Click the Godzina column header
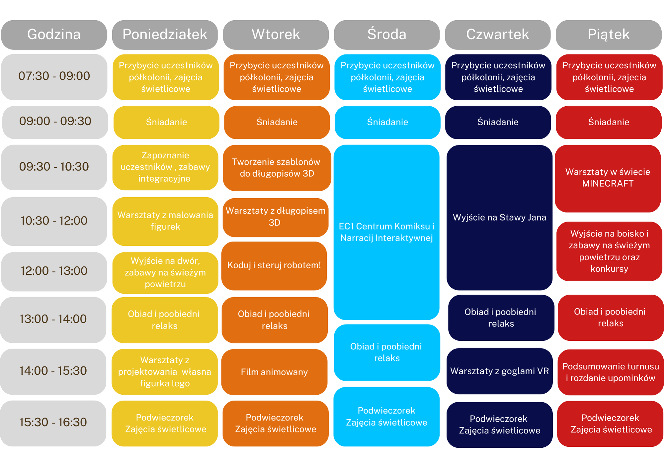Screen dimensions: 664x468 54,35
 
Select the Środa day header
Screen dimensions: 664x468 387,35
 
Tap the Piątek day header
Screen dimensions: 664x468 609,35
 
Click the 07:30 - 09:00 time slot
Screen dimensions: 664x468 54,77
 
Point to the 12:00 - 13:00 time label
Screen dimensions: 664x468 54,271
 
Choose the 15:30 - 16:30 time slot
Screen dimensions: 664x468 53,423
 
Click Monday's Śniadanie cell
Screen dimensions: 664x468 166,122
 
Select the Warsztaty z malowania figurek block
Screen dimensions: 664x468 165,221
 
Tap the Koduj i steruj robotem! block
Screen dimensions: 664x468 274,266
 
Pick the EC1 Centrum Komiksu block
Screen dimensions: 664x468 386,232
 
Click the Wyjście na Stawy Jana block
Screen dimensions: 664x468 499,218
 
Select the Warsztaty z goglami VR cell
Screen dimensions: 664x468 499,371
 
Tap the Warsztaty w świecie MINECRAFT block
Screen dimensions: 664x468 608,178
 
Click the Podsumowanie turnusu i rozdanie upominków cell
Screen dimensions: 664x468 611,372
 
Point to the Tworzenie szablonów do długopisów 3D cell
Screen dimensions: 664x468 277,168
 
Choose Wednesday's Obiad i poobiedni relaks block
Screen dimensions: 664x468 387,352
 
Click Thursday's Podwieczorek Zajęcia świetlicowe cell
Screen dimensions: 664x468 499,424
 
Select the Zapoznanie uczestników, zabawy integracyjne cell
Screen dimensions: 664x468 165,167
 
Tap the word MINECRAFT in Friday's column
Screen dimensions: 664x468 608,184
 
